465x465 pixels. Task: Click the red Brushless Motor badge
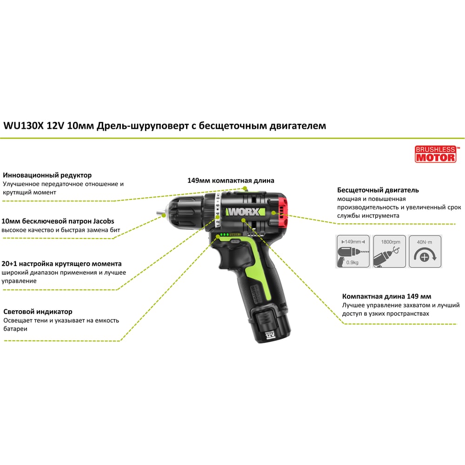tap(435, 154)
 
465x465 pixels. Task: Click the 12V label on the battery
tap(270, 335)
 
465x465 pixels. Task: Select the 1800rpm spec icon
tap(389, 251)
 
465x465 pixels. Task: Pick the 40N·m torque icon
tap(425, 251)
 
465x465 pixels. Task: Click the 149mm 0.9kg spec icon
tap(353, 251)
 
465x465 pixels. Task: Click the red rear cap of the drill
tap(283, 211)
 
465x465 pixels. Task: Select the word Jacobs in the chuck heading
tap(104, 221)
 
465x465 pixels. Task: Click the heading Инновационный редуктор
tap(47, 175)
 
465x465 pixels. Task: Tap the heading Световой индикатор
tap(38, 312)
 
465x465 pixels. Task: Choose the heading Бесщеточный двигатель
tap(378, 190)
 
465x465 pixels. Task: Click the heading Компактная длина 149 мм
tap(386, 296)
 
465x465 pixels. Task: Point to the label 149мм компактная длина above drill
tap(231, 180)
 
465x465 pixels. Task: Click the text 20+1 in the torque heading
tap(9, 264)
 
